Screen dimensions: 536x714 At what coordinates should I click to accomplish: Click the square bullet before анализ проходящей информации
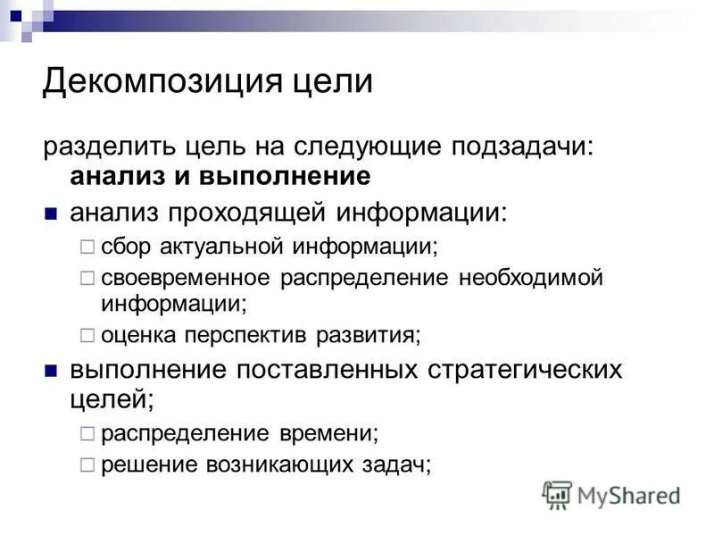[52, 214]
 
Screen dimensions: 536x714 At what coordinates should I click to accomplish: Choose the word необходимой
[531, 278]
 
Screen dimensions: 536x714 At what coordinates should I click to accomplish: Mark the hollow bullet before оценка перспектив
[87, 335]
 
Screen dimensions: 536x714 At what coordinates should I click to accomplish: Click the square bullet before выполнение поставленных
[52, 370]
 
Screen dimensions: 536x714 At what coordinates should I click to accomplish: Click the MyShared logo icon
[557, 495]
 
